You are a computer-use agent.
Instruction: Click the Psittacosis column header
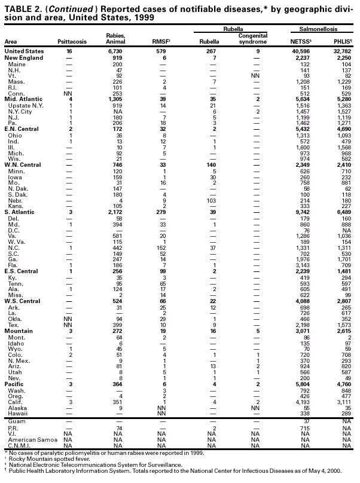pos(72,42)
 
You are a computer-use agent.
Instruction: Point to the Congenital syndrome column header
pos(248,38)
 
